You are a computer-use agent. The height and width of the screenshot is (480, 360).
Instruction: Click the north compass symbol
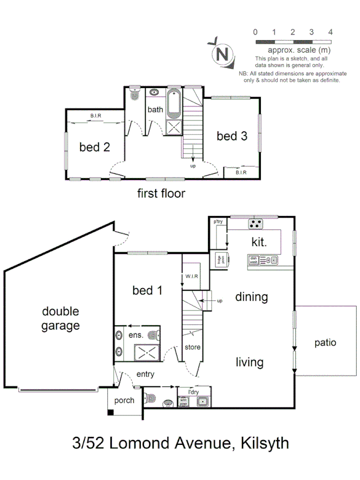[223, 53]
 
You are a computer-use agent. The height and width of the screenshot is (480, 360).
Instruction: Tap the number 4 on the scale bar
[330, 32]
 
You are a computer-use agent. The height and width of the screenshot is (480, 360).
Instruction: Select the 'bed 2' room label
[94, 147]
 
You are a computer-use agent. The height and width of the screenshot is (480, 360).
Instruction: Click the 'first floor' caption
[161, 193]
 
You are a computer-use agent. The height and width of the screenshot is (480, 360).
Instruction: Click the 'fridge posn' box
[219, 259]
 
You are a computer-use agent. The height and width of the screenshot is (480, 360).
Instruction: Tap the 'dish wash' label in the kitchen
[253, 260]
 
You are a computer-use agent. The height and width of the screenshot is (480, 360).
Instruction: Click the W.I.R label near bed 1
[192, 276]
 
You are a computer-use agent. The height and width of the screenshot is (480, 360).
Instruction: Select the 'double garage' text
[60, 318]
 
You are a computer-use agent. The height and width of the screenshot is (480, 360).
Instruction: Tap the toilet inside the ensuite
[154, 335]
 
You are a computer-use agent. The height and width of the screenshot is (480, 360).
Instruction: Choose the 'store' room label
[193, 347]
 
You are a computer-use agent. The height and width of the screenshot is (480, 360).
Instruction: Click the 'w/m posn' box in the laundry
[183, 401]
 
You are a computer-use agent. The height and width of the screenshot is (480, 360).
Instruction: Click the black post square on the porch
[110, 412]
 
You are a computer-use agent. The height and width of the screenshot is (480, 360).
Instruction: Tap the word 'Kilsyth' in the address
[265, 443]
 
